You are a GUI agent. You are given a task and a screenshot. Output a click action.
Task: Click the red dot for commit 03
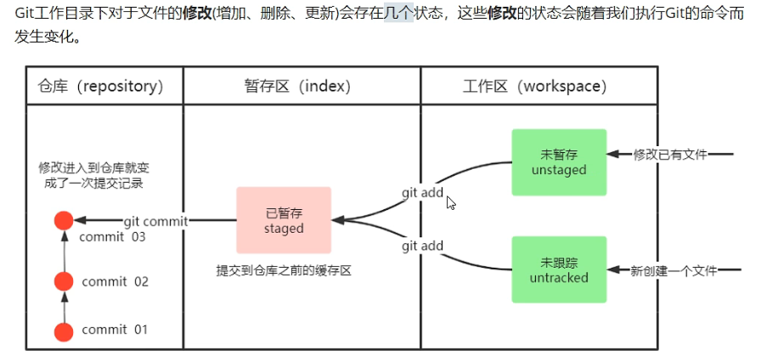point(63,221)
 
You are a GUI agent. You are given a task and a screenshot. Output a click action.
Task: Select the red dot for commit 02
point(63,281)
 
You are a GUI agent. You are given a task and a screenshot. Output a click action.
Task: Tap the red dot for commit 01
point(63,331)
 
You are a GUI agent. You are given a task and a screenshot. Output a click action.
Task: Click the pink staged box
point(284,221)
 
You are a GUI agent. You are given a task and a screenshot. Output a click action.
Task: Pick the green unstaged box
point(559,162)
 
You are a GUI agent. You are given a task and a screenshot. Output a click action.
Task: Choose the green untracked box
point(559,270)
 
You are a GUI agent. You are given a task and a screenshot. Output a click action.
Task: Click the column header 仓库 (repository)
point(100,87)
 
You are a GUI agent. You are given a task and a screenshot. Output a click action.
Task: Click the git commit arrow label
point(155,221)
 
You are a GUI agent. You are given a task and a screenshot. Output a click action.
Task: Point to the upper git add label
point(422,193)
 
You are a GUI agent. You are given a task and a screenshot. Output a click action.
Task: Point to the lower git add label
point(422,246)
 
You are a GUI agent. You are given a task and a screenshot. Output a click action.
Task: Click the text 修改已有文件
point(671,155)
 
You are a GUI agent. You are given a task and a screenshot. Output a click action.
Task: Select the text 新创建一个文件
point(674,271)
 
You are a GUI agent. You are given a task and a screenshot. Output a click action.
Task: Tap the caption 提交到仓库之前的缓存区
point(284,271)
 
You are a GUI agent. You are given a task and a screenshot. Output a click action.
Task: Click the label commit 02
point(116,282)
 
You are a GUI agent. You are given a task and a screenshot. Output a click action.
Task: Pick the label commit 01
point(116,331)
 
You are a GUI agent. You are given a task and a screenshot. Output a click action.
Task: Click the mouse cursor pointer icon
point(451,203)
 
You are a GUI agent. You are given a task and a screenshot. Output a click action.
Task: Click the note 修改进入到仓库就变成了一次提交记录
point(99,175)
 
